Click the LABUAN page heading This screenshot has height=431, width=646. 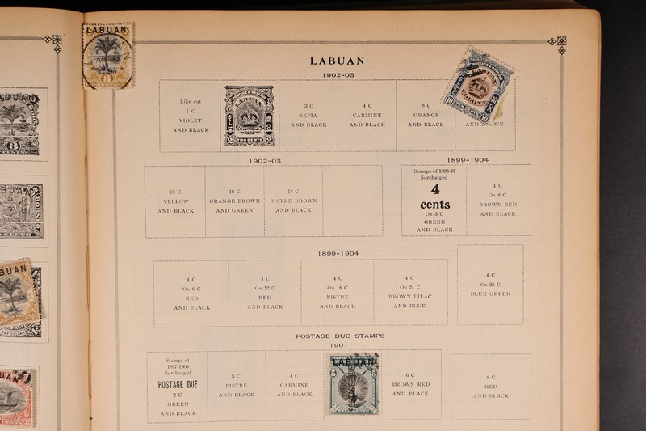[337, 61]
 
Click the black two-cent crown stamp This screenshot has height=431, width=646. [249, 116]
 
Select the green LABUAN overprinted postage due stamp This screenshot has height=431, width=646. [353, 383]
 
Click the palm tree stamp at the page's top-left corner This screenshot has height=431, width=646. [108, 55]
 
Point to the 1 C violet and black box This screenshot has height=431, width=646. [191, 116]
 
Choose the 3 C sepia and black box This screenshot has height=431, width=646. [308, 116]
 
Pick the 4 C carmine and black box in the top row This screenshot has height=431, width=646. [367, 116]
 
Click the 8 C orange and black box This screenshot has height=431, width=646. [426, 116]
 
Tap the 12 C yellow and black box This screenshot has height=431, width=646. [175, 201]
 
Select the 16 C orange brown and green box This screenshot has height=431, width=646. [234, 201]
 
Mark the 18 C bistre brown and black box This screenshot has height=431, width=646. [293, 201]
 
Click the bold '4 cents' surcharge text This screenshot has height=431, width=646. [434, 196]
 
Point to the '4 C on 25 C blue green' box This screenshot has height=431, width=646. [490, 285]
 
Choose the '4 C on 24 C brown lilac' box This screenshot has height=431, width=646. [410, 292]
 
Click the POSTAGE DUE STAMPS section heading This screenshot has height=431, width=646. [339, 336]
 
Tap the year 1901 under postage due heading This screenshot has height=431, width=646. [338, 345]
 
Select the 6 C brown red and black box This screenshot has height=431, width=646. [411, 384]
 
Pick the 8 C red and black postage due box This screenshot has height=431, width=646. [491, 387]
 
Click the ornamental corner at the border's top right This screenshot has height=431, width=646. [556, 43]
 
